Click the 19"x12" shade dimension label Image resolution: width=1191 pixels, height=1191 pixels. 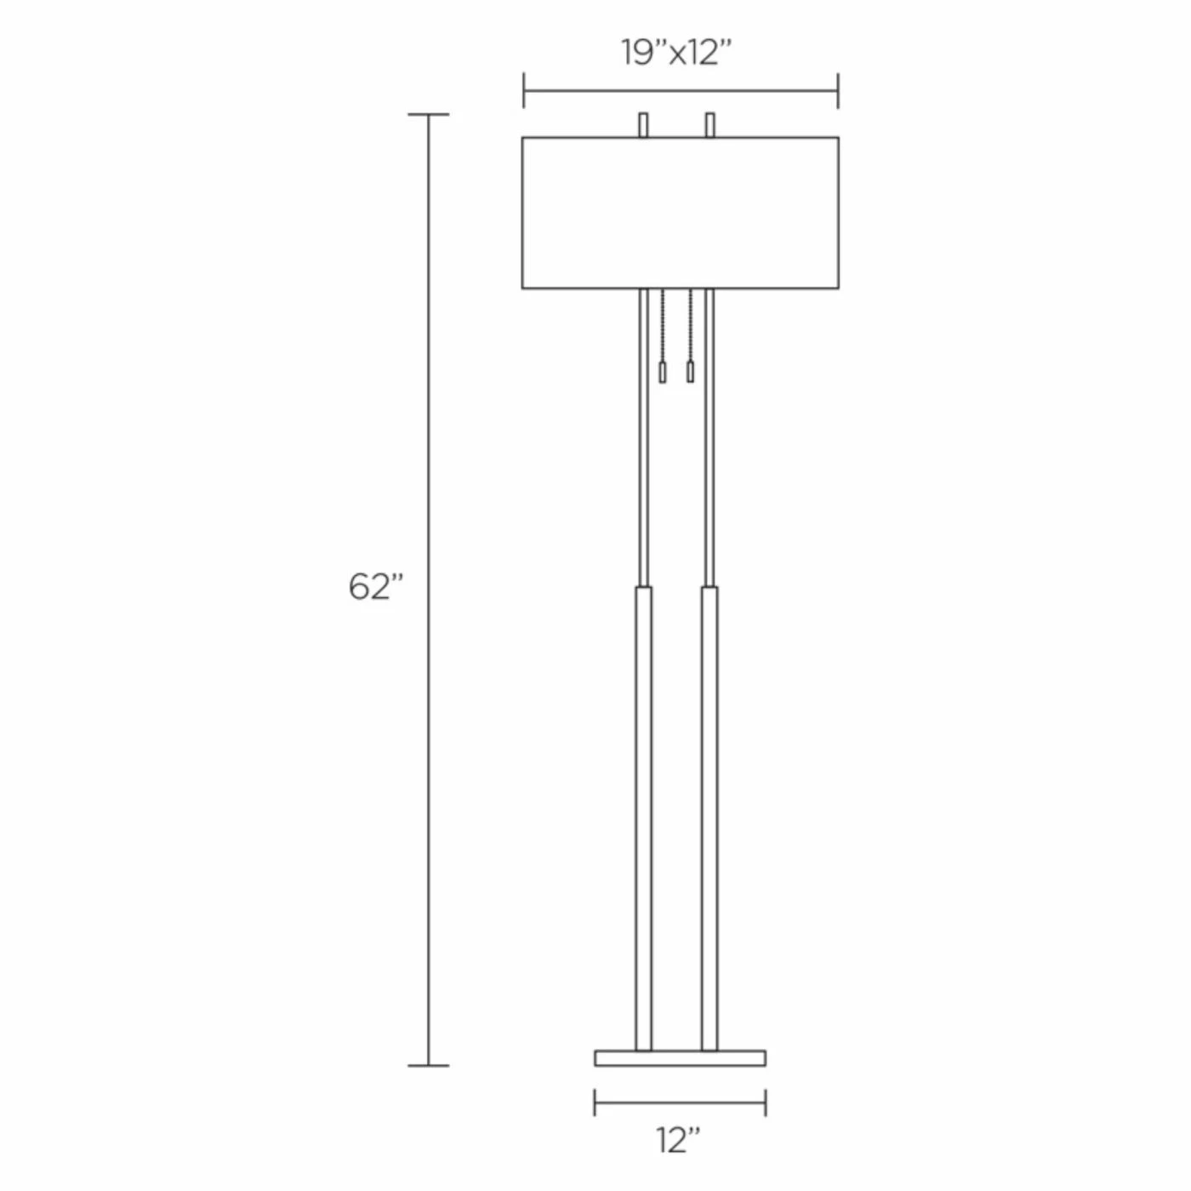coord(676,53)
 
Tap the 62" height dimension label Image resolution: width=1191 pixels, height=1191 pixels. coord(376,586)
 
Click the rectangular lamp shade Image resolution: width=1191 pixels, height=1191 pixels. coord(680,213)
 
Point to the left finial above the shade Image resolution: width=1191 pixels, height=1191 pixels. coord(643,125)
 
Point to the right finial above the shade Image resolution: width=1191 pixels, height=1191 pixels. coord(710,125)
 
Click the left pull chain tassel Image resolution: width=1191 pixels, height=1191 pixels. coord(662,372)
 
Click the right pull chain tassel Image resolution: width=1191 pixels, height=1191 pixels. coord(691,372)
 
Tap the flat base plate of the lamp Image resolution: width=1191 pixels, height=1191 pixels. coord(680,1058)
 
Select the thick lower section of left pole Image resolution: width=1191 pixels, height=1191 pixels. coord(643,818)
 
